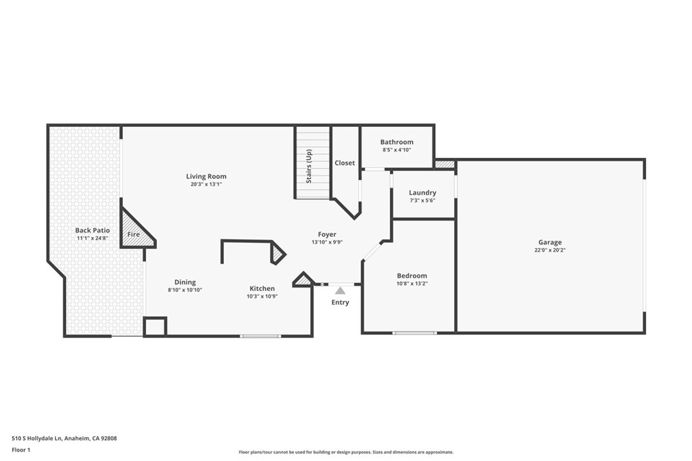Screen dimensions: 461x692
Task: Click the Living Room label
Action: tap(206, 177)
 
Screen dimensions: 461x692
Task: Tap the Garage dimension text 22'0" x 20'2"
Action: tap(549, 250)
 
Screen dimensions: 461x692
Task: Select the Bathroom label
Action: tap(397, 142)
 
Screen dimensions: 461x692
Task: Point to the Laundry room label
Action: tap(422, 192)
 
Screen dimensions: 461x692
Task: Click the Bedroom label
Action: tap(412, 275)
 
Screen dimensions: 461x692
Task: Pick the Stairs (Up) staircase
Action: tap(312, 163)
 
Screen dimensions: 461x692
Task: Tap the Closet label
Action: tap(345, 163)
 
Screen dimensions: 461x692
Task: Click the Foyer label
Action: tap(327, 234)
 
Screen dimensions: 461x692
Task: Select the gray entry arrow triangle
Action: tap(340, 290)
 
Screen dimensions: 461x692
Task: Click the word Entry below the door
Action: tap(340, 302)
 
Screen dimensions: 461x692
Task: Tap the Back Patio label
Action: tap(92, 230)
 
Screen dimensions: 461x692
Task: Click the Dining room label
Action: tap(184, 282)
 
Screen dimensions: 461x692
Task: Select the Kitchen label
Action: tap(262, 288)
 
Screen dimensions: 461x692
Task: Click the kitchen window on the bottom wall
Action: tap(260, 335)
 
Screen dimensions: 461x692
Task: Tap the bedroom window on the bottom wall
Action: tap(414, 333)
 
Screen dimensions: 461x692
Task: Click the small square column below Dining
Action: tap(155, 326)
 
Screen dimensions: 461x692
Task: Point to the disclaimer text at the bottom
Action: tap(345, 452)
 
